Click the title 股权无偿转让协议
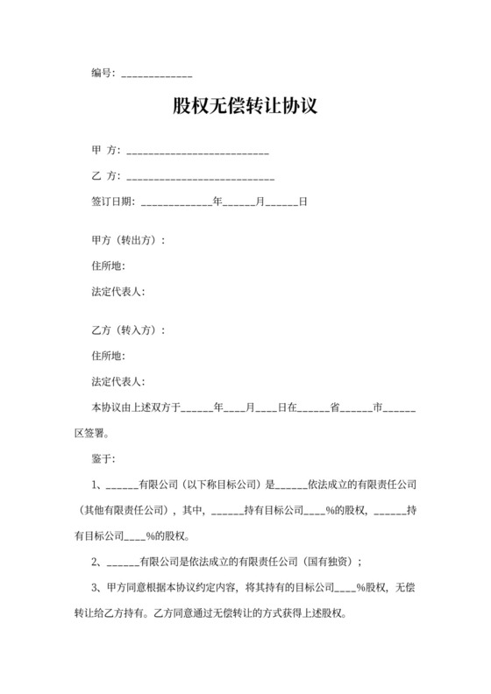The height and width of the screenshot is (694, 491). pyautogui.click(x=245, y=108)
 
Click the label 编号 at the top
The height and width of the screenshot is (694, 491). pyautogui.click(x=103, y=74)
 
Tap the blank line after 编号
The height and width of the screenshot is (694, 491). pyautogui.click(x=156, y=76)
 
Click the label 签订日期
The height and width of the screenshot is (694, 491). pyautogui.click(x=113, y=202)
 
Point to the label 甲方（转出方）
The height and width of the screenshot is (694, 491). pyautogui.click(x=128, y=241)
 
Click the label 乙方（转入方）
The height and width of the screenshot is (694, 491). pyautogui.click(x=128, y=331)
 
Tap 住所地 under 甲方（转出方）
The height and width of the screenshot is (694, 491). pyautogui.click(x=109, y=266)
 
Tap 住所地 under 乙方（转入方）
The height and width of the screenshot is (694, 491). pyautogui.click(x=109, y=356)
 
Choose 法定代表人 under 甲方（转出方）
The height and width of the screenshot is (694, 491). pyautogui.click(x=118, y=290)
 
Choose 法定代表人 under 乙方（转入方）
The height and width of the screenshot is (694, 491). pyautogui.click(x=118, y=381)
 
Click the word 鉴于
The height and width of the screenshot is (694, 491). pyautogui.click(x=103, y=457)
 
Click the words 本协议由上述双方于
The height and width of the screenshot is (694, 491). pyautogui.click(x=136, y=407)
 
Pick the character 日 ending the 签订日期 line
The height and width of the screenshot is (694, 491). pyautogui.click(x=303, y=202)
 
